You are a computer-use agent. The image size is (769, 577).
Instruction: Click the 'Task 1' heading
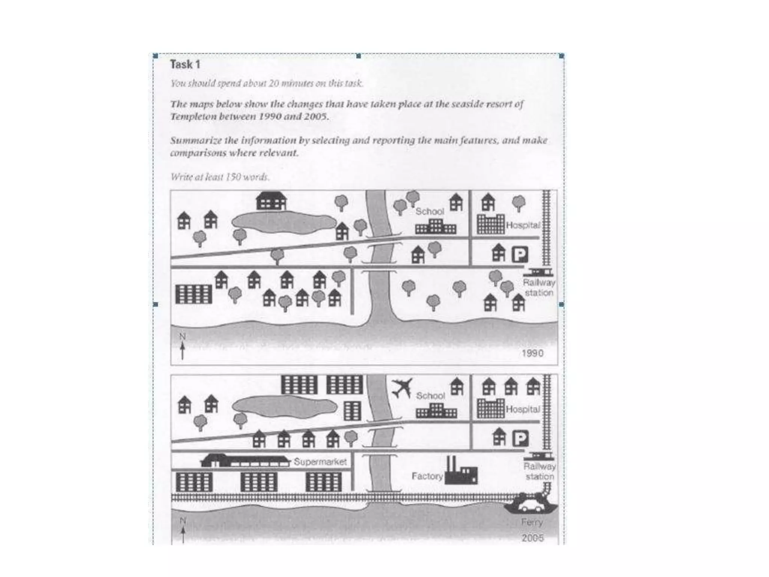click(185, 65)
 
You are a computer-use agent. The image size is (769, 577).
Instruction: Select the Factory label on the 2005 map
click(427, 476)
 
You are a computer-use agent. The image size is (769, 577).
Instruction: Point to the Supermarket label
click(320, 461)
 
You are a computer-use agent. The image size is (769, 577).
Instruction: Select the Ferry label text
click(532, 522)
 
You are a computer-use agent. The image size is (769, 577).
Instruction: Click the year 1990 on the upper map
click(532, 353)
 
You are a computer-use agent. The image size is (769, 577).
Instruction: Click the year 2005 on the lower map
click(532, 538)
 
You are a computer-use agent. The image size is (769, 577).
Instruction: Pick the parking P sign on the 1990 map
click(520, 255)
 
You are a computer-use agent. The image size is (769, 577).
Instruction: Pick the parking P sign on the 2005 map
click(520, 438)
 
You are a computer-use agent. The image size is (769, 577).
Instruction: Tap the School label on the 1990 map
click(430, 211)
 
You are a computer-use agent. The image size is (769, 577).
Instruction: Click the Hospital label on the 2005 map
click(523, 409)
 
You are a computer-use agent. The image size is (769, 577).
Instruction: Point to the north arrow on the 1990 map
click(182, 347)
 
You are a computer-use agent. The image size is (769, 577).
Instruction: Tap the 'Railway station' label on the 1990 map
click(539, 287)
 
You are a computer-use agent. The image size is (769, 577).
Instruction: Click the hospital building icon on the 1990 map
click(490, 224)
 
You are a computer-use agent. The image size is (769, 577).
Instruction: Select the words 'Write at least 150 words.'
click(220, 177)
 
